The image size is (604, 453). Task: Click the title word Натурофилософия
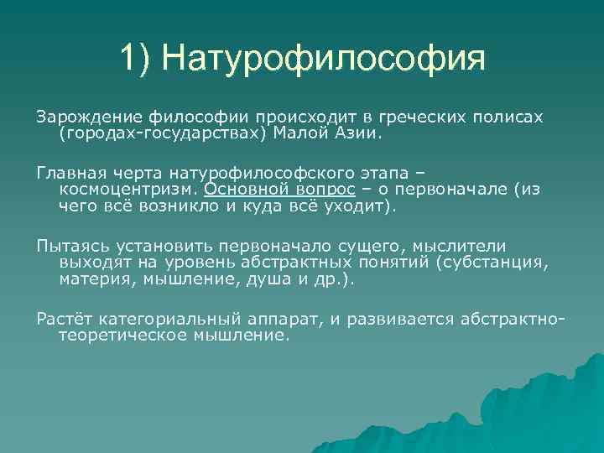pos(323,58)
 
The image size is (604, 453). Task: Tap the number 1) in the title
pos(136,58)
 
